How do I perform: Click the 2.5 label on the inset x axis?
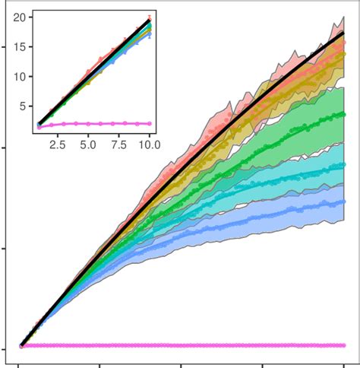click(x=58, y=141)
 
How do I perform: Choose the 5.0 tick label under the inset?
click(x=88, y=141)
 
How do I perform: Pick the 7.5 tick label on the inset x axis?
click(x=118, y=141)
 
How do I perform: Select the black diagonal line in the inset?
click(x=91, y=71)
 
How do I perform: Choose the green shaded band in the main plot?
click(x=304, y=114)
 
